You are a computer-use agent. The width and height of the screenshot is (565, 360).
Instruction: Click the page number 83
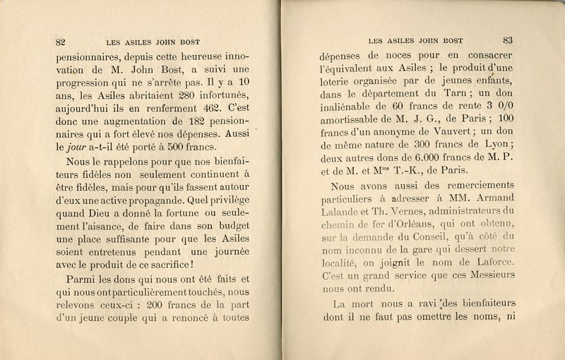pos(508,40)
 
